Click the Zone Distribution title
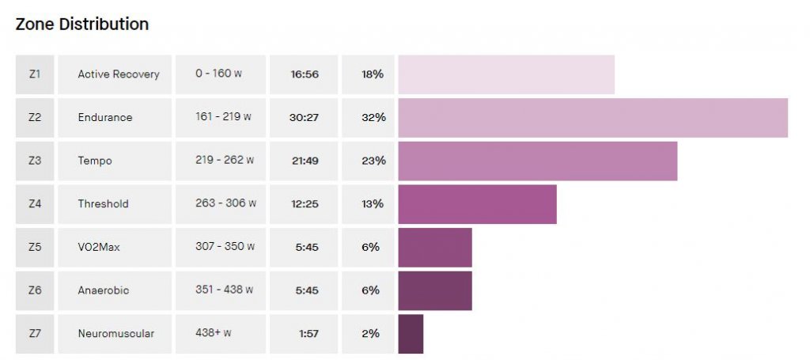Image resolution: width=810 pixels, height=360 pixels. coord(82,25)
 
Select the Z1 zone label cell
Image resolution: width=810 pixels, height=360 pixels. coord(35,74)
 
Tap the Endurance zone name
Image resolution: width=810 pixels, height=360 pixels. coord(105,117)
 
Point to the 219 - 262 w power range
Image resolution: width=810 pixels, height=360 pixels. coord(225,161)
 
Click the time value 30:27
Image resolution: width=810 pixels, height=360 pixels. coord(304,117)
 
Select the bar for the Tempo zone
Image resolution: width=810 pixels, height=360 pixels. coord(538,161)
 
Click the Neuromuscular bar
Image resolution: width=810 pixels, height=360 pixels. coord(411,333)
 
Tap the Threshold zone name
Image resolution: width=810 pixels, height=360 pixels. coord(103,203)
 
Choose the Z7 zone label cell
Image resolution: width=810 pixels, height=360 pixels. coord(35,333)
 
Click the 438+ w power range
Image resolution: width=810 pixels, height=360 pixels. coord(214,333)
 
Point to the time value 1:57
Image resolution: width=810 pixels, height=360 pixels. coord(308,333)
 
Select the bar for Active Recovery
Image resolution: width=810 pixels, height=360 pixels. coord(506,74)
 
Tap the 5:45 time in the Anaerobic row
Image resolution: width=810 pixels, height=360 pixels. coord(305,290)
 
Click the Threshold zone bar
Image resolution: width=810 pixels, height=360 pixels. coord(477,203)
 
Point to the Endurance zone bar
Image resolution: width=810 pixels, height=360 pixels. coord(592,117)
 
